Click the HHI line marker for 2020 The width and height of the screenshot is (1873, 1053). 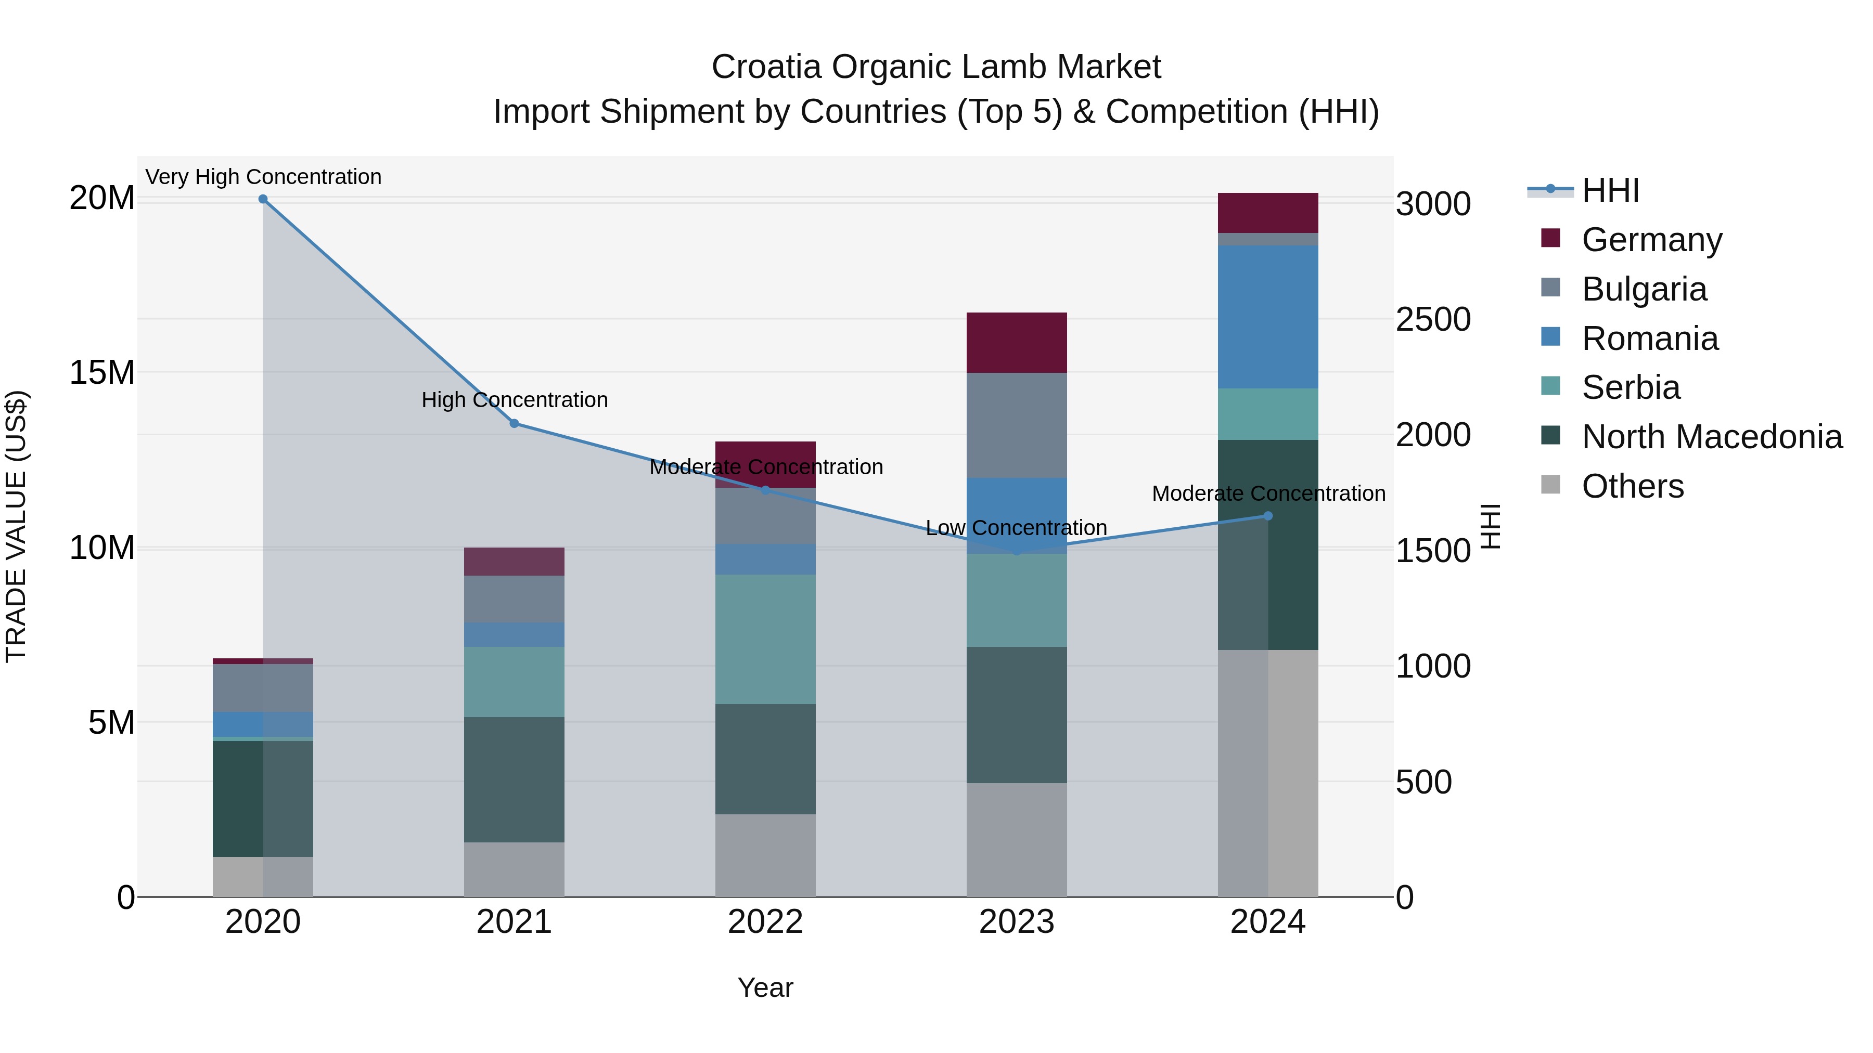coord(263,199)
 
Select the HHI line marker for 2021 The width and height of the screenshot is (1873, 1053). coord(514,423)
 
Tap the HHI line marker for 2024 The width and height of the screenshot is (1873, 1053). coord(1267,516)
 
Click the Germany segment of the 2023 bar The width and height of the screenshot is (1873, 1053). coord(1017,343)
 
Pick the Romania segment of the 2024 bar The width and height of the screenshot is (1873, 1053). coord(1267,317)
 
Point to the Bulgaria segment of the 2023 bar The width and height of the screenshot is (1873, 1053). coord(1017,425)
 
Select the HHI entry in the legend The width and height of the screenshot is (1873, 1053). coord(1610,190)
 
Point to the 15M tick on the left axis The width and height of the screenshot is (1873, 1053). coord(102,372)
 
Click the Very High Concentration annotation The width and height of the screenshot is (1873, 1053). coord(263,177)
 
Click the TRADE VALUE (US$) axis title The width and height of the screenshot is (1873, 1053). coord(16,526)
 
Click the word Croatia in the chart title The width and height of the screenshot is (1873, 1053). coord(766,67)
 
